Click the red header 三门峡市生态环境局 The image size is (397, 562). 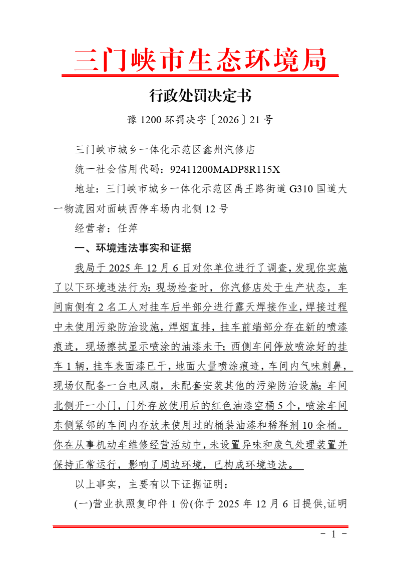coord(200,60)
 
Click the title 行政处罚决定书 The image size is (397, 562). coord(200,95)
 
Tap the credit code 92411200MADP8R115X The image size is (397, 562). coord(225,169)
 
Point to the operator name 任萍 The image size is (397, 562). coord(128,228)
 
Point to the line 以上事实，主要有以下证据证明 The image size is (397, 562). coord(152,484)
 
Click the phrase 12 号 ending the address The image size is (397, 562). coord(216,209)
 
